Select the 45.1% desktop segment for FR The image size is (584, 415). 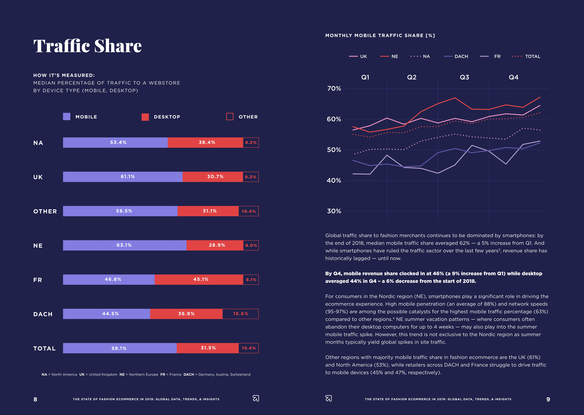click(199, 280)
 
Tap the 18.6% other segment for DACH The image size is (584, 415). click(241, 314)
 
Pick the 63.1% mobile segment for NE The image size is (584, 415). click(125, 245)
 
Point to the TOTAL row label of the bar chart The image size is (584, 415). click(44, 348)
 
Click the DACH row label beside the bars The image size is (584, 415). click(43, 314)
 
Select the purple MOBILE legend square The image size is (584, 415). click(67, 117)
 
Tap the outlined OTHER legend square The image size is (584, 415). click(230, 117)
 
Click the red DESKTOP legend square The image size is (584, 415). click(145, 117)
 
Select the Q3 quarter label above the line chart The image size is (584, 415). click(464, 77)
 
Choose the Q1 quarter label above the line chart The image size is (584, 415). click(365, 77)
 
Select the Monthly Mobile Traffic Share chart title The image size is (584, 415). click(380, 36)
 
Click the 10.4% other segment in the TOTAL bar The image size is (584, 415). click(249, 348)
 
